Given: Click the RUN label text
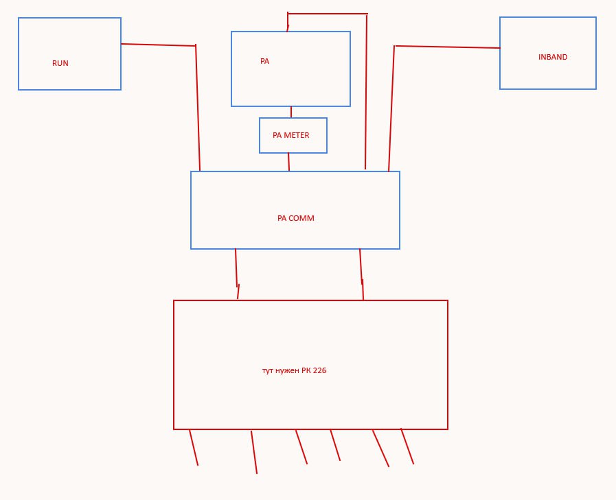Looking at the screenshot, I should (60, 63).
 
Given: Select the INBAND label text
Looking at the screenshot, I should (553, 57).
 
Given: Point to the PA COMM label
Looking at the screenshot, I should (295, 218).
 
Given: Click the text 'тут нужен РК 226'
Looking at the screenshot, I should (294, 370).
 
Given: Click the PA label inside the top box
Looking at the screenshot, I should (264, 61).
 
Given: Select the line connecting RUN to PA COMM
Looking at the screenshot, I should (198, 110).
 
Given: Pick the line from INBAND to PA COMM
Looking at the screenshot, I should (391, 110).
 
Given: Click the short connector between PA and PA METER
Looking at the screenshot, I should (291, 112).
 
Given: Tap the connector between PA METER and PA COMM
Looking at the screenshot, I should (288, 162).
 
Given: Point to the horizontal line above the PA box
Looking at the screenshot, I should (327, 13).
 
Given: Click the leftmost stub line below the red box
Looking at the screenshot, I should (194, 447).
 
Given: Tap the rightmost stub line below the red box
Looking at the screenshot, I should (407, 446).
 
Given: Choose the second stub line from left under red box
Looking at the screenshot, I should (254, 452).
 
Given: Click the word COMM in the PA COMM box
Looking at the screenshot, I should (301, 218).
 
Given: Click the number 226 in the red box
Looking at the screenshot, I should (319, 370).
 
